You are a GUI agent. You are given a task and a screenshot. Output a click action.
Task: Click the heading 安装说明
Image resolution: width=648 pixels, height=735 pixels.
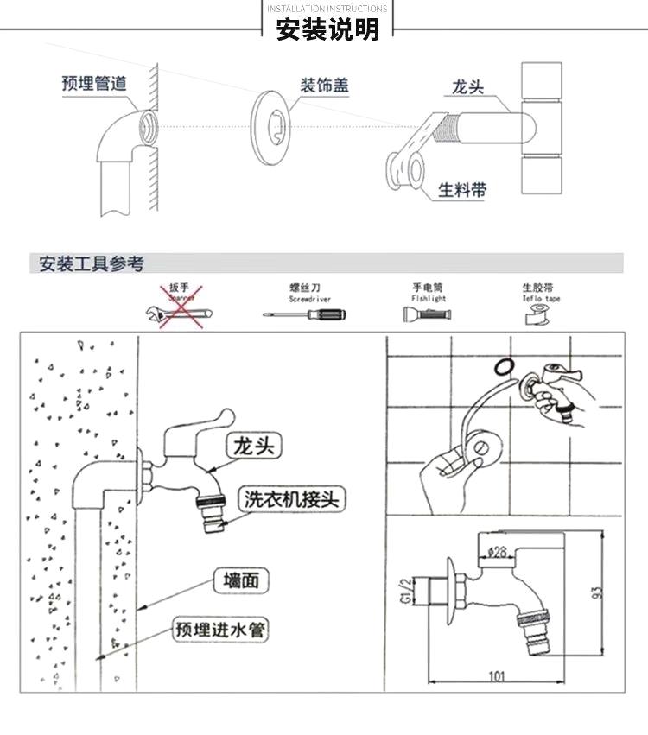tap(327, 29)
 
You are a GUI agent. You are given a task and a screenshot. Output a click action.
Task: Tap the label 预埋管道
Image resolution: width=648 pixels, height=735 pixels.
tap(94, 84)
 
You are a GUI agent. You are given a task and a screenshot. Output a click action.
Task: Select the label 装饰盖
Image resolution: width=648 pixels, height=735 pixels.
tap(324, 86)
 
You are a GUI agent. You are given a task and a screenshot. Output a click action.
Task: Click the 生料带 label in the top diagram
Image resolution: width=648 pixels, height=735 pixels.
tap(461, 190)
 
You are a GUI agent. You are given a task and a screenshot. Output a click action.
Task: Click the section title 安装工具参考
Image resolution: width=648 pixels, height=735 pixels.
tap(92, 264)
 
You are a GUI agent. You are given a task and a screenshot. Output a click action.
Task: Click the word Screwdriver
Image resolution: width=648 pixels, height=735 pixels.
tap(310, 298)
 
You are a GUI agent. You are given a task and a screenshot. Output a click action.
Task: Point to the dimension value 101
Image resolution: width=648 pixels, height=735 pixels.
tap(497, 676)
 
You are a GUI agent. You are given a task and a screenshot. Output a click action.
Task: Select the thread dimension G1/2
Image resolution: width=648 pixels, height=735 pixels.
tap(415, 594)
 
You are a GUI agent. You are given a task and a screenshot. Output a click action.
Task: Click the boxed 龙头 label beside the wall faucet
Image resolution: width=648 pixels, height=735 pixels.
tap(255, 447)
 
